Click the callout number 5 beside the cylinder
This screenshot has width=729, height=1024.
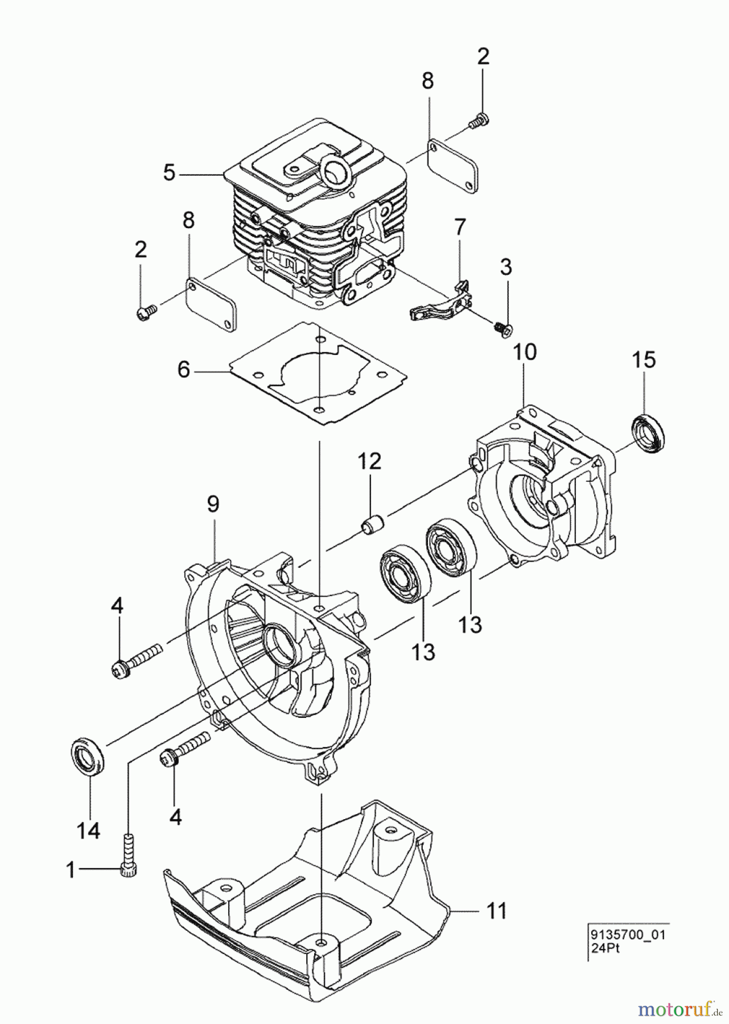pyautogui.click(x=169, y=172)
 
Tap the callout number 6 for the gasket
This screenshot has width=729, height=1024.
pyautogui.click(x=183, y=370)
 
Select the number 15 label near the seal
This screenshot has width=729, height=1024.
pyautogui.click(x=644, y=360)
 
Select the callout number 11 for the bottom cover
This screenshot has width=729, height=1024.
pyautogui.click(x=497, y=911)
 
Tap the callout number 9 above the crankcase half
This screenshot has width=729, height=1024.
pyautogui.click(x=213, y=503)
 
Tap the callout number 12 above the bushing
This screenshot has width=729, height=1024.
pyautogui.click(x=369, y=461)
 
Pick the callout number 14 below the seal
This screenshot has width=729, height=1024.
pyautogui.click(x=89, y=831)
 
